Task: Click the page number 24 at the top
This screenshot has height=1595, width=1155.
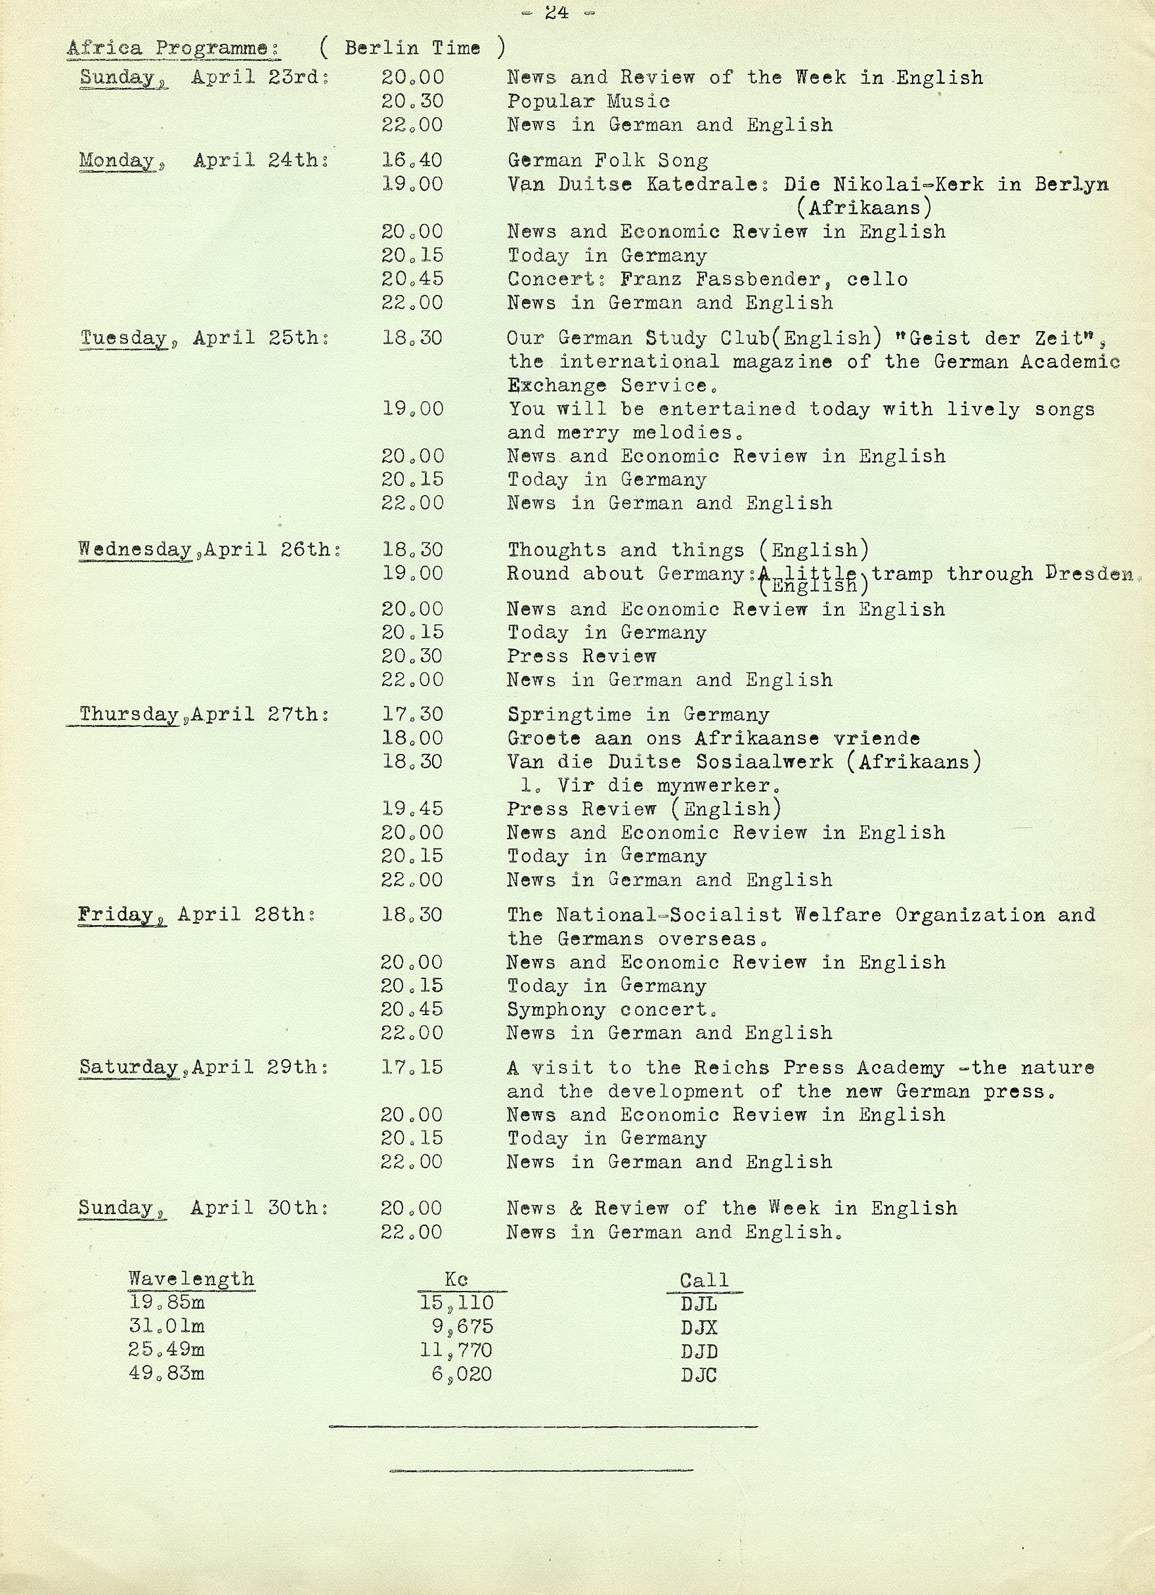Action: (556, 12)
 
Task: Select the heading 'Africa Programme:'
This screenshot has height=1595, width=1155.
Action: (173, 49)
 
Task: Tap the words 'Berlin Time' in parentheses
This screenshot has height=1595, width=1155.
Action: (412, 48)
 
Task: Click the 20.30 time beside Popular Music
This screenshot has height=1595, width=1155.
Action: (413, 101)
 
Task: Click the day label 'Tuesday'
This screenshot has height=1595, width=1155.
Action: (124, 338)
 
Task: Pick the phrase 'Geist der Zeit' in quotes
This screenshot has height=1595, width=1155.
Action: (998, 338)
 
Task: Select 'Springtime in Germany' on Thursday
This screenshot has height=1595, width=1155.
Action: (638, 714)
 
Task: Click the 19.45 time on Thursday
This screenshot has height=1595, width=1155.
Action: (413, 809)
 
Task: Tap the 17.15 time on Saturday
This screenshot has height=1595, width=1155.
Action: (412, 1068)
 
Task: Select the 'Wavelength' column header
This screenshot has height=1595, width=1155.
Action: (191, 1279)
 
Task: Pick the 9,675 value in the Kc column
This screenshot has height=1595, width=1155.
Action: (462, 1327)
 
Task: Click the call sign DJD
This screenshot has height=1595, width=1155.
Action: (699, 1351)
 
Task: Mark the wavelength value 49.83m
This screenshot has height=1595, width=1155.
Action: (166, 1374)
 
